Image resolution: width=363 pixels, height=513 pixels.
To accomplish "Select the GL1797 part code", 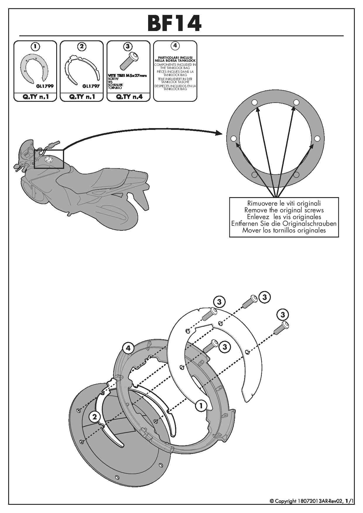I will pyautogui.click(x=91, y=86).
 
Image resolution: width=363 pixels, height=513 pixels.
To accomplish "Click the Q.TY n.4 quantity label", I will pyautogui.click(x=129, y=97).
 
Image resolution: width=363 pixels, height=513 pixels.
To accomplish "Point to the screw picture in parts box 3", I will pyautogui.click(x=128, y=61).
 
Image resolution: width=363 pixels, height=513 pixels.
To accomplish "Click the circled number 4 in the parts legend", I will pyautogui.click(x=175, y=46).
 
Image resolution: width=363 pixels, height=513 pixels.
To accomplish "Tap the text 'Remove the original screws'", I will pyautogui.click(x=284, y=210).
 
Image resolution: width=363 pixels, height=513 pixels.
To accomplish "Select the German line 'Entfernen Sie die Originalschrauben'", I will pyautogui.click(x=284, y=223).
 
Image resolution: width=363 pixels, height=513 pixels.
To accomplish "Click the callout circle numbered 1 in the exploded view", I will pyautogui.click(x=201, y=406).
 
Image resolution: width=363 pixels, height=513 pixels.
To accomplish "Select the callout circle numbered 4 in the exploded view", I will pyautogui.click(x=128, y=348).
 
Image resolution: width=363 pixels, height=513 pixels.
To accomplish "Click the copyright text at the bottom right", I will pyautogui.click(x=311, y=501).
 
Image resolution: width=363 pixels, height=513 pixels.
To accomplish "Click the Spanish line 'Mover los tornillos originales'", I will pyautogui.click(x=284, y=230).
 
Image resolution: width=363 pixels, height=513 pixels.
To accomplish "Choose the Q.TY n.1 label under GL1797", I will pyautogui.click(x=82, y=97).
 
